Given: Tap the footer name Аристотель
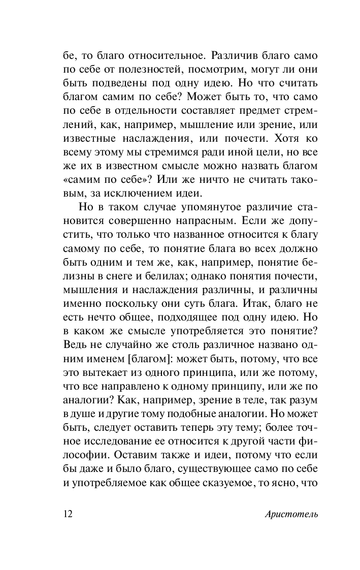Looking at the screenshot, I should pyautogui.click(x=291, y=514).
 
